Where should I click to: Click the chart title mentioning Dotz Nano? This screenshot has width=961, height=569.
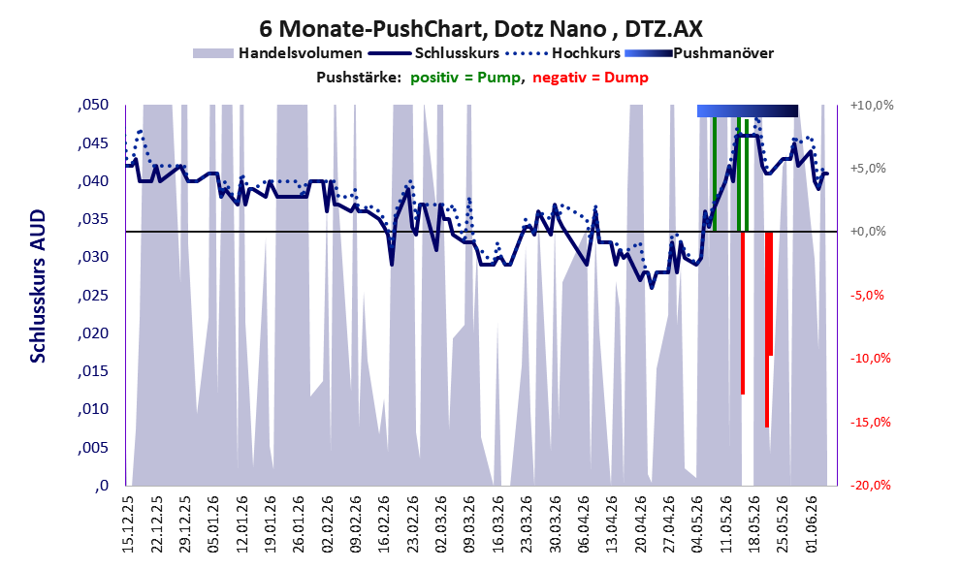tap(481, 28)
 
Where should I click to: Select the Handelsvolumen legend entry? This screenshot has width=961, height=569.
tap(277, 53)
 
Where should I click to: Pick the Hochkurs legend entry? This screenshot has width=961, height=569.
tap(563, 53)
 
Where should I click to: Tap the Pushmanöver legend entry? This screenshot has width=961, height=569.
tap(699, 53)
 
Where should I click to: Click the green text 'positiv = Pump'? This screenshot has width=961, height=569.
tap(465, 78)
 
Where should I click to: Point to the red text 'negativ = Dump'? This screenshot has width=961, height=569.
tap(591, 78)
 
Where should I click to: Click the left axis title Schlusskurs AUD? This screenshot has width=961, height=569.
tap(38, 286)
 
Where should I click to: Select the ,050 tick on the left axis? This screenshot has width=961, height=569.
tap(93, 105)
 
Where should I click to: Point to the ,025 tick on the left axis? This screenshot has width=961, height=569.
tap(93, 296)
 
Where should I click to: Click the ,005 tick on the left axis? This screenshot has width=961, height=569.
tap(93, 448)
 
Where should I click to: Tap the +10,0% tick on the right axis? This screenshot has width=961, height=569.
tap(872, 106)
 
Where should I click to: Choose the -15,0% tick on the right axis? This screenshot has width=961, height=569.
tap(871, 422)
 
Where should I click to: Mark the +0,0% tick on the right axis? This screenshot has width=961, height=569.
tap(868, 232)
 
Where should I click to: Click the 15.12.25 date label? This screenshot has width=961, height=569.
tap(128, 524)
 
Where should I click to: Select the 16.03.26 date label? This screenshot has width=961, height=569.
tap(497, 524)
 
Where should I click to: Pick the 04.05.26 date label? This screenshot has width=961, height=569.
tap(697, 524)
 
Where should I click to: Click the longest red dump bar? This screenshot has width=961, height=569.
tap(767, 330)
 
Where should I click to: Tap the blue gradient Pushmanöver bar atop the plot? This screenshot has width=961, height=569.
tap(748, 111)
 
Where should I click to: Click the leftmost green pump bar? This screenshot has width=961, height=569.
tap(715, 174)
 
